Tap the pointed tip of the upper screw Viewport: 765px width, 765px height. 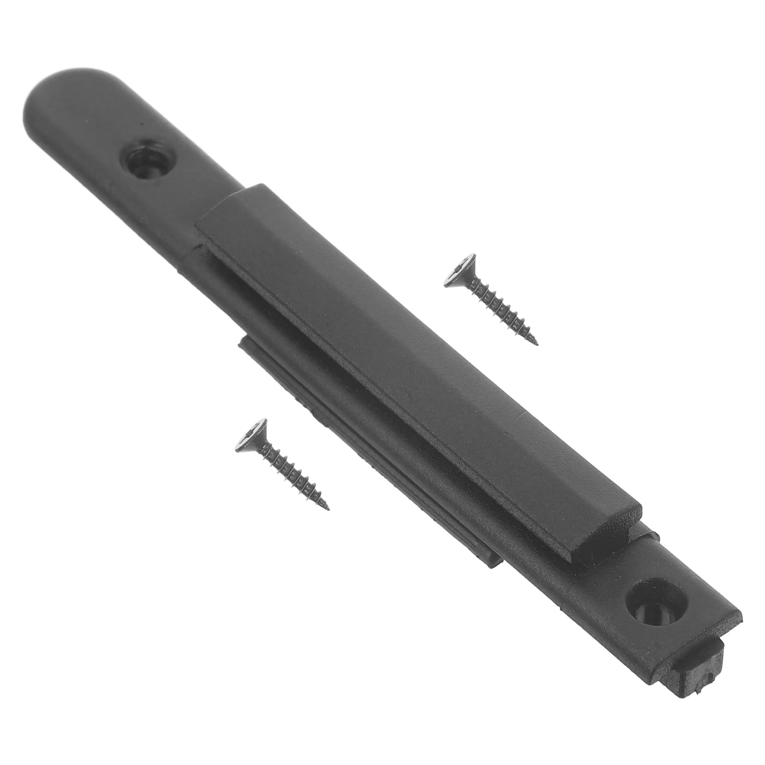pos(537,343)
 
